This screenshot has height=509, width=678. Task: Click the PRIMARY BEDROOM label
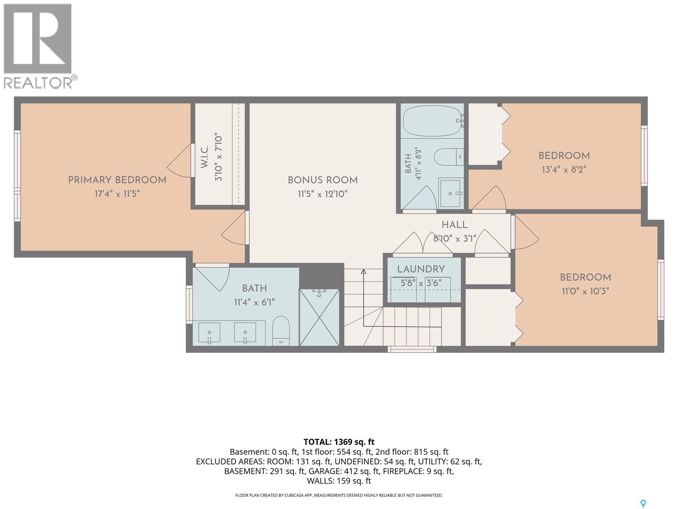click(x=117, y=180)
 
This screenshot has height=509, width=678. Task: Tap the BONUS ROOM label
click(x=322, y=180)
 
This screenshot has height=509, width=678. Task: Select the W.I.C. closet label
click(x=205, y=157)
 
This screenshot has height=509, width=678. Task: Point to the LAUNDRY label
click(x=421, y=269)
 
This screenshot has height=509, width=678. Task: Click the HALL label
click(x=454, y=225)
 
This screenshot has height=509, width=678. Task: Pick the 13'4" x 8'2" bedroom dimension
click(x=564, y=170)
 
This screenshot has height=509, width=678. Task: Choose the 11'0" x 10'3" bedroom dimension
click(x=585, y=291)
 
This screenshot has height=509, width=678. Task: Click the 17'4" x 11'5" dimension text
click(x=117, y=194)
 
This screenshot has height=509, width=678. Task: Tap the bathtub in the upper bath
click(x=433, y=121)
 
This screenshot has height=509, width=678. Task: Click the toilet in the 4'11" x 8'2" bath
click(x=448, y=157)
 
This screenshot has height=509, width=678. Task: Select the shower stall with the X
click(x=320, y=317)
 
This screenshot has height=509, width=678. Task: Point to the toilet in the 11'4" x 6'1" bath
click(x=281, y=331)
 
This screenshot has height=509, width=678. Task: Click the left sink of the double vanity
click(x=209, y=333)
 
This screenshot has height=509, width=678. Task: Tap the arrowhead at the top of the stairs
click(x=364, y=271)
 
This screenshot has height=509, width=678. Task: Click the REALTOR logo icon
click(x=38, y=39)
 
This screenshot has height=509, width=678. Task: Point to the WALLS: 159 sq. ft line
click(x=339, y=481)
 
